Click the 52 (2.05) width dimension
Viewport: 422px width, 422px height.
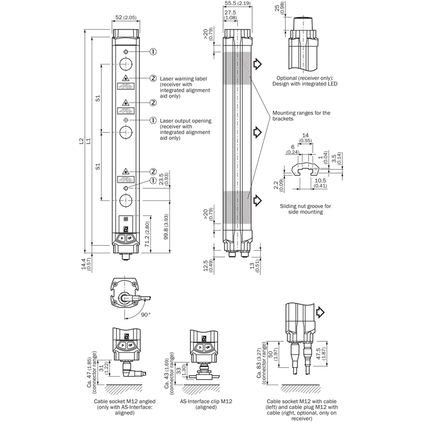pyautogui.click(x=126, y=18)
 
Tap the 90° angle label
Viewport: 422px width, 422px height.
pyautogui.click(x=146, y=314)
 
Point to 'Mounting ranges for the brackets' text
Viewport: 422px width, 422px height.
pyautogui.click(x=301, y=116)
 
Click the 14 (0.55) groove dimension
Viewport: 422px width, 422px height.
pyautogui.click(x=305, y=138)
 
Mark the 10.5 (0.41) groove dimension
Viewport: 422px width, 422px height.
pyautogui.click(x=321, y=183)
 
